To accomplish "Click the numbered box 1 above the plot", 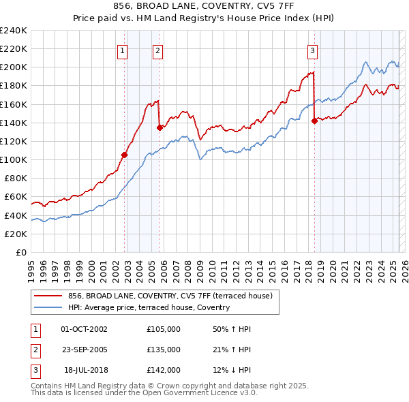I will pos(122,50).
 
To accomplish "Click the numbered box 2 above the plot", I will pos(157,50).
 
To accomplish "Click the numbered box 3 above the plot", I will pos(312,50).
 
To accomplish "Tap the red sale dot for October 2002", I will pos(125,155).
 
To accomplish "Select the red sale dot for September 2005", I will pos(160,127).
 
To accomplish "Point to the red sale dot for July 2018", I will pos(314,121).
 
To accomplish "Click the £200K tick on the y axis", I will pos(13,67).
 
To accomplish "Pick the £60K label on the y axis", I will pos(16,197).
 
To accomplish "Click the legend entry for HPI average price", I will pos(149,307).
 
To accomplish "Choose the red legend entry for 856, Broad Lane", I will pos(170,296).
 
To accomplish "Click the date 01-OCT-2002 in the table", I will pos(84,329).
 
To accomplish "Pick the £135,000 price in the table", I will pos(164,350).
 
